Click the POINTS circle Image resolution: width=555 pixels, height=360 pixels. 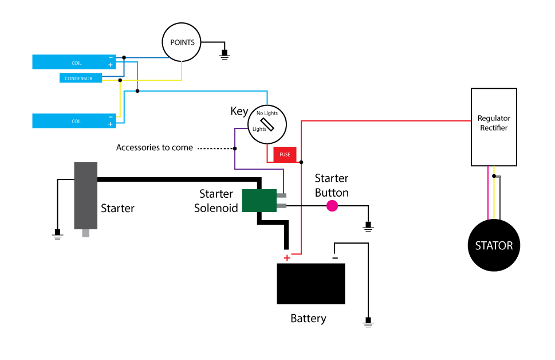pyautogui.click(x=182, y=42)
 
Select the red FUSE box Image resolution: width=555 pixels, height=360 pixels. pyautogui.click(x=285, y=154)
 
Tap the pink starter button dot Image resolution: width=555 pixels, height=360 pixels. pyautogui.click(x=332, y=206)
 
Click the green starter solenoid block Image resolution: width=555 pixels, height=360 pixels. pyautogui.click(x=259, y=201)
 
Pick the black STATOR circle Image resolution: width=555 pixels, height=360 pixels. pyautogui.click(x=494, y=246)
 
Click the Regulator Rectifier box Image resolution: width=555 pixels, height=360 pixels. pyautogui.click(x=494, y=127)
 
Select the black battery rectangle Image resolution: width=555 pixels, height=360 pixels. pyautogui.click(x=311, y=284)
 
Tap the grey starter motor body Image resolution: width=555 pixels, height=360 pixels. pyautogui.click(x=85, y=195)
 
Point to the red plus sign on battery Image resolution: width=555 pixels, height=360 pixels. pyautogui.click(x=287, y=257)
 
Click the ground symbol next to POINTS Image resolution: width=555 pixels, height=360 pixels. pyautogui.click(x=225, y=54)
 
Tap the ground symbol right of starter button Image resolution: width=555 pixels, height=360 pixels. pyautogui.click(x=368, y=227)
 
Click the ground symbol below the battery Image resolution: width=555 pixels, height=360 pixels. pyautogui.click(x=368, y=322)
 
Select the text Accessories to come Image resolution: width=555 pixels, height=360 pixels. pyautogui.click(x=155, y=148)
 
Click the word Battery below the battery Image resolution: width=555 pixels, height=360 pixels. pyautogui.click(x=308, y=319)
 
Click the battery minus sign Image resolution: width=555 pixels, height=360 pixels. pyautogui.click(x=335, y=257)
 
